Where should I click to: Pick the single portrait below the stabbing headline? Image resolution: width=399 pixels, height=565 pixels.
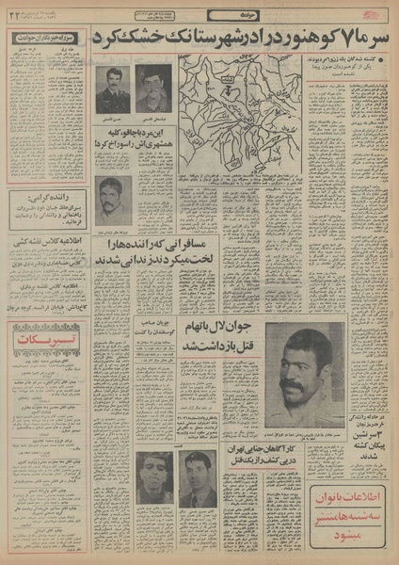(x=114, y=202)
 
